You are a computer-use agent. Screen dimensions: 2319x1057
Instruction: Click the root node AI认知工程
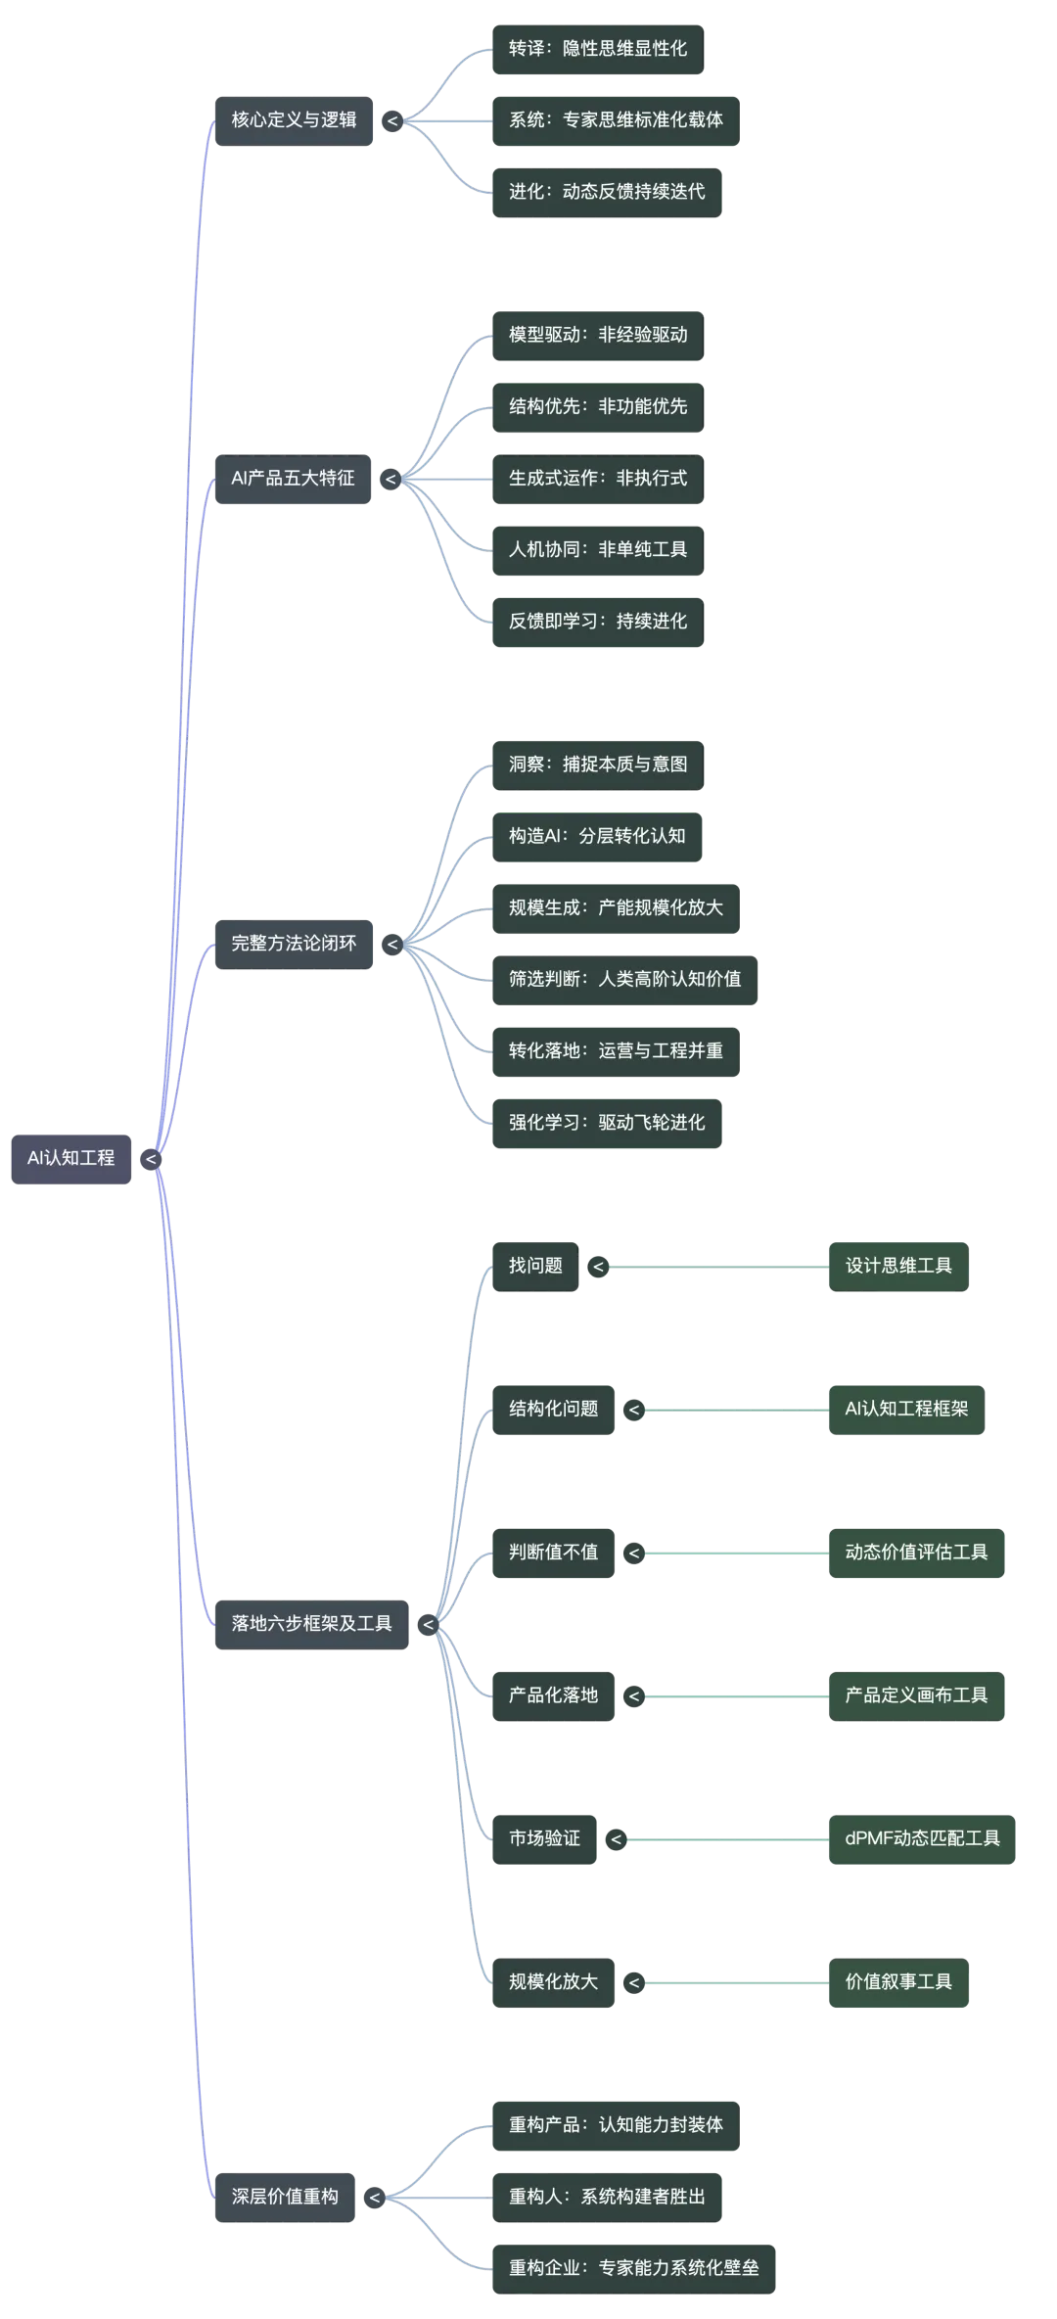point(70,1158)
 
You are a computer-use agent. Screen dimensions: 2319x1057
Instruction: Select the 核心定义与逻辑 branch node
point(294,119)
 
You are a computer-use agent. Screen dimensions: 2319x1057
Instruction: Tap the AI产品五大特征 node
point(293,478)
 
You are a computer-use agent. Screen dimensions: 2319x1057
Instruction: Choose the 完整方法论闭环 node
point(294,943)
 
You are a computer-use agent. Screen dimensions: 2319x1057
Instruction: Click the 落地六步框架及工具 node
point(312,1623)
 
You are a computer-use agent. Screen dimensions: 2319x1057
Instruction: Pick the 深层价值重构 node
point(285,2196)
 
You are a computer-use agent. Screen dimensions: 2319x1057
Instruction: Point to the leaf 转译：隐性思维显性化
point(598,48)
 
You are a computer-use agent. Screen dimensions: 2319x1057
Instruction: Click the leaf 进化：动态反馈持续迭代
point(607,191)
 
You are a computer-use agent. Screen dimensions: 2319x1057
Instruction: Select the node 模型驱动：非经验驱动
point(598,335)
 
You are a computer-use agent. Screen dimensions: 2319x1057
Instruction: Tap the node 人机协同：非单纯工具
point(598,549)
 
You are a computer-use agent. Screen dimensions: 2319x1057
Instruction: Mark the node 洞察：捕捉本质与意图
point(598,764)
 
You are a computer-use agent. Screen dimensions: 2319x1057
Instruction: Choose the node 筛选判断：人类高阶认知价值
point(624,979)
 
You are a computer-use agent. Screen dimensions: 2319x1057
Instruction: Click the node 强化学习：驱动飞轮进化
point(607,1122)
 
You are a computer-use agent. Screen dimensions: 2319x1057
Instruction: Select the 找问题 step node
point(535,1265)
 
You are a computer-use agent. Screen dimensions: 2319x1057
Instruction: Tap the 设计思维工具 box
point(898,1265)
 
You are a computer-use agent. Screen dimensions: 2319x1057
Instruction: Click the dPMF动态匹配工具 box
point(922,1838)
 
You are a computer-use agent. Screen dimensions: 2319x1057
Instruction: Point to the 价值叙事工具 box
point(898,1981)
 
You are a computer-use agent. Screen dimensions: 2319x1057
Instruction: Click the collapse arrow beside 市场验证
point(616,1839)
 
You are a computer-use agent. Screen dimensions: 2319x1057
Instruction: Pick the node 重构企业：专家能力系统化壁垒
point(634,2267)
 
